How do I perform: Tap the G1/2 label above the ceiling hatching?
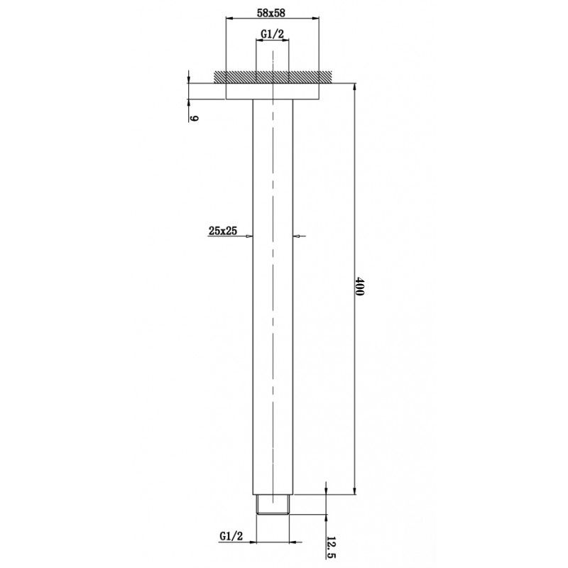[272, 33]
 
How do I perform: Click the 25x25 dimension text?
[222, 230]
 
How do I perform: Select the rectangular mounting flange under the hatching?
[272, 91]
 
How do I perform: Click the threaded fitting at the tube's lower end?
[272, 504]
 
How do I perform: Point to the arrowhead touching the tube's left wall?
[249, 237]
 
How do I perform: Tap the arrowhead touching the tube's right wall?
[296, 237]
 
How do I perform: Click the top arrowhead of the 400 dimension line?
[354, 87]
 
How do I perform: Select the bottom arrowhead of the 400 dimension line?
[354, 491]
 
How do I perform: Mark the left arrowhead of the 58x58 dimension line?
[229, 18]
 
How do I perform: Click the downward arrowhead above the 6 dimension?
[190, 80]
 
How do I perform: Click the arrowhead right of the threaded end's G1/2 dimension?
[294, 542]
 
